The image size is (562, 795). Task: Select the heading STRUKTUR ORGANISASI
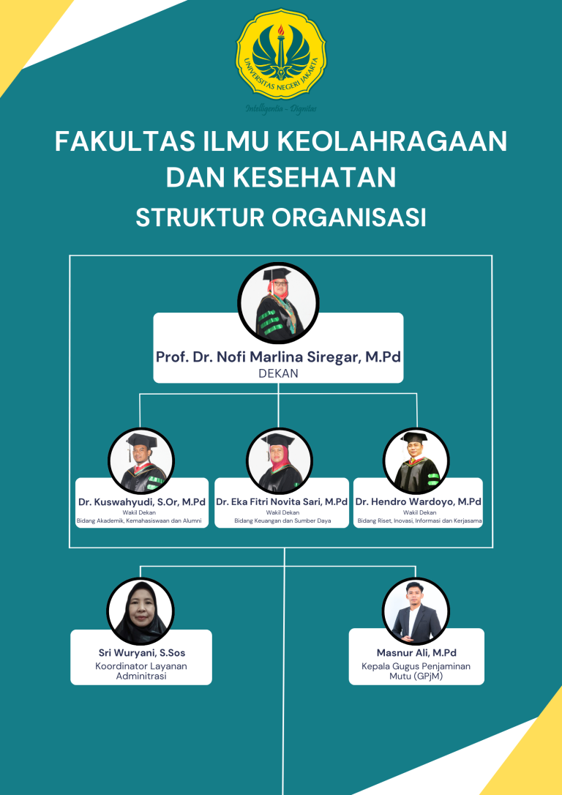coord(281,217)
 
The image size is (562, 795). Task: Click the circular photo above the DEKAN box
coord(279,302)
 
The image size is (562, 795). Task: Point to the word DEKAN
coord(278,373)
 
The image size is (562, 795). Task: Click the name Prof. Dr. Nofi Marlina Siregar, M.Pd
coord(278,357)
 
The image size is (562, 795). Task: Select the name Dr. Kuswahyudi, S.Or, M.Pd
coord(142,502)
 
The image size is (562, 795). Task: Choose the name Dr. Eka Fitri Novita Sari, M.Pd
coord(282,502)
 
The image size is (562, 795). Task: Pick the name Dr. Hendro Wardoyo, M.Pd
coord(419,502)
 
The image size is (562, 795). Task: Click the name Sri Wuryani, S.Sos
coord(141,652)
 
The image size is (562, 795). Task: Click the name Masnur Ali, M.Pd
coord(416,652)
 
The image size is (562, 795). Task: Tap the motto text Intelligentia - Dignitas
coord(281,108)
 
